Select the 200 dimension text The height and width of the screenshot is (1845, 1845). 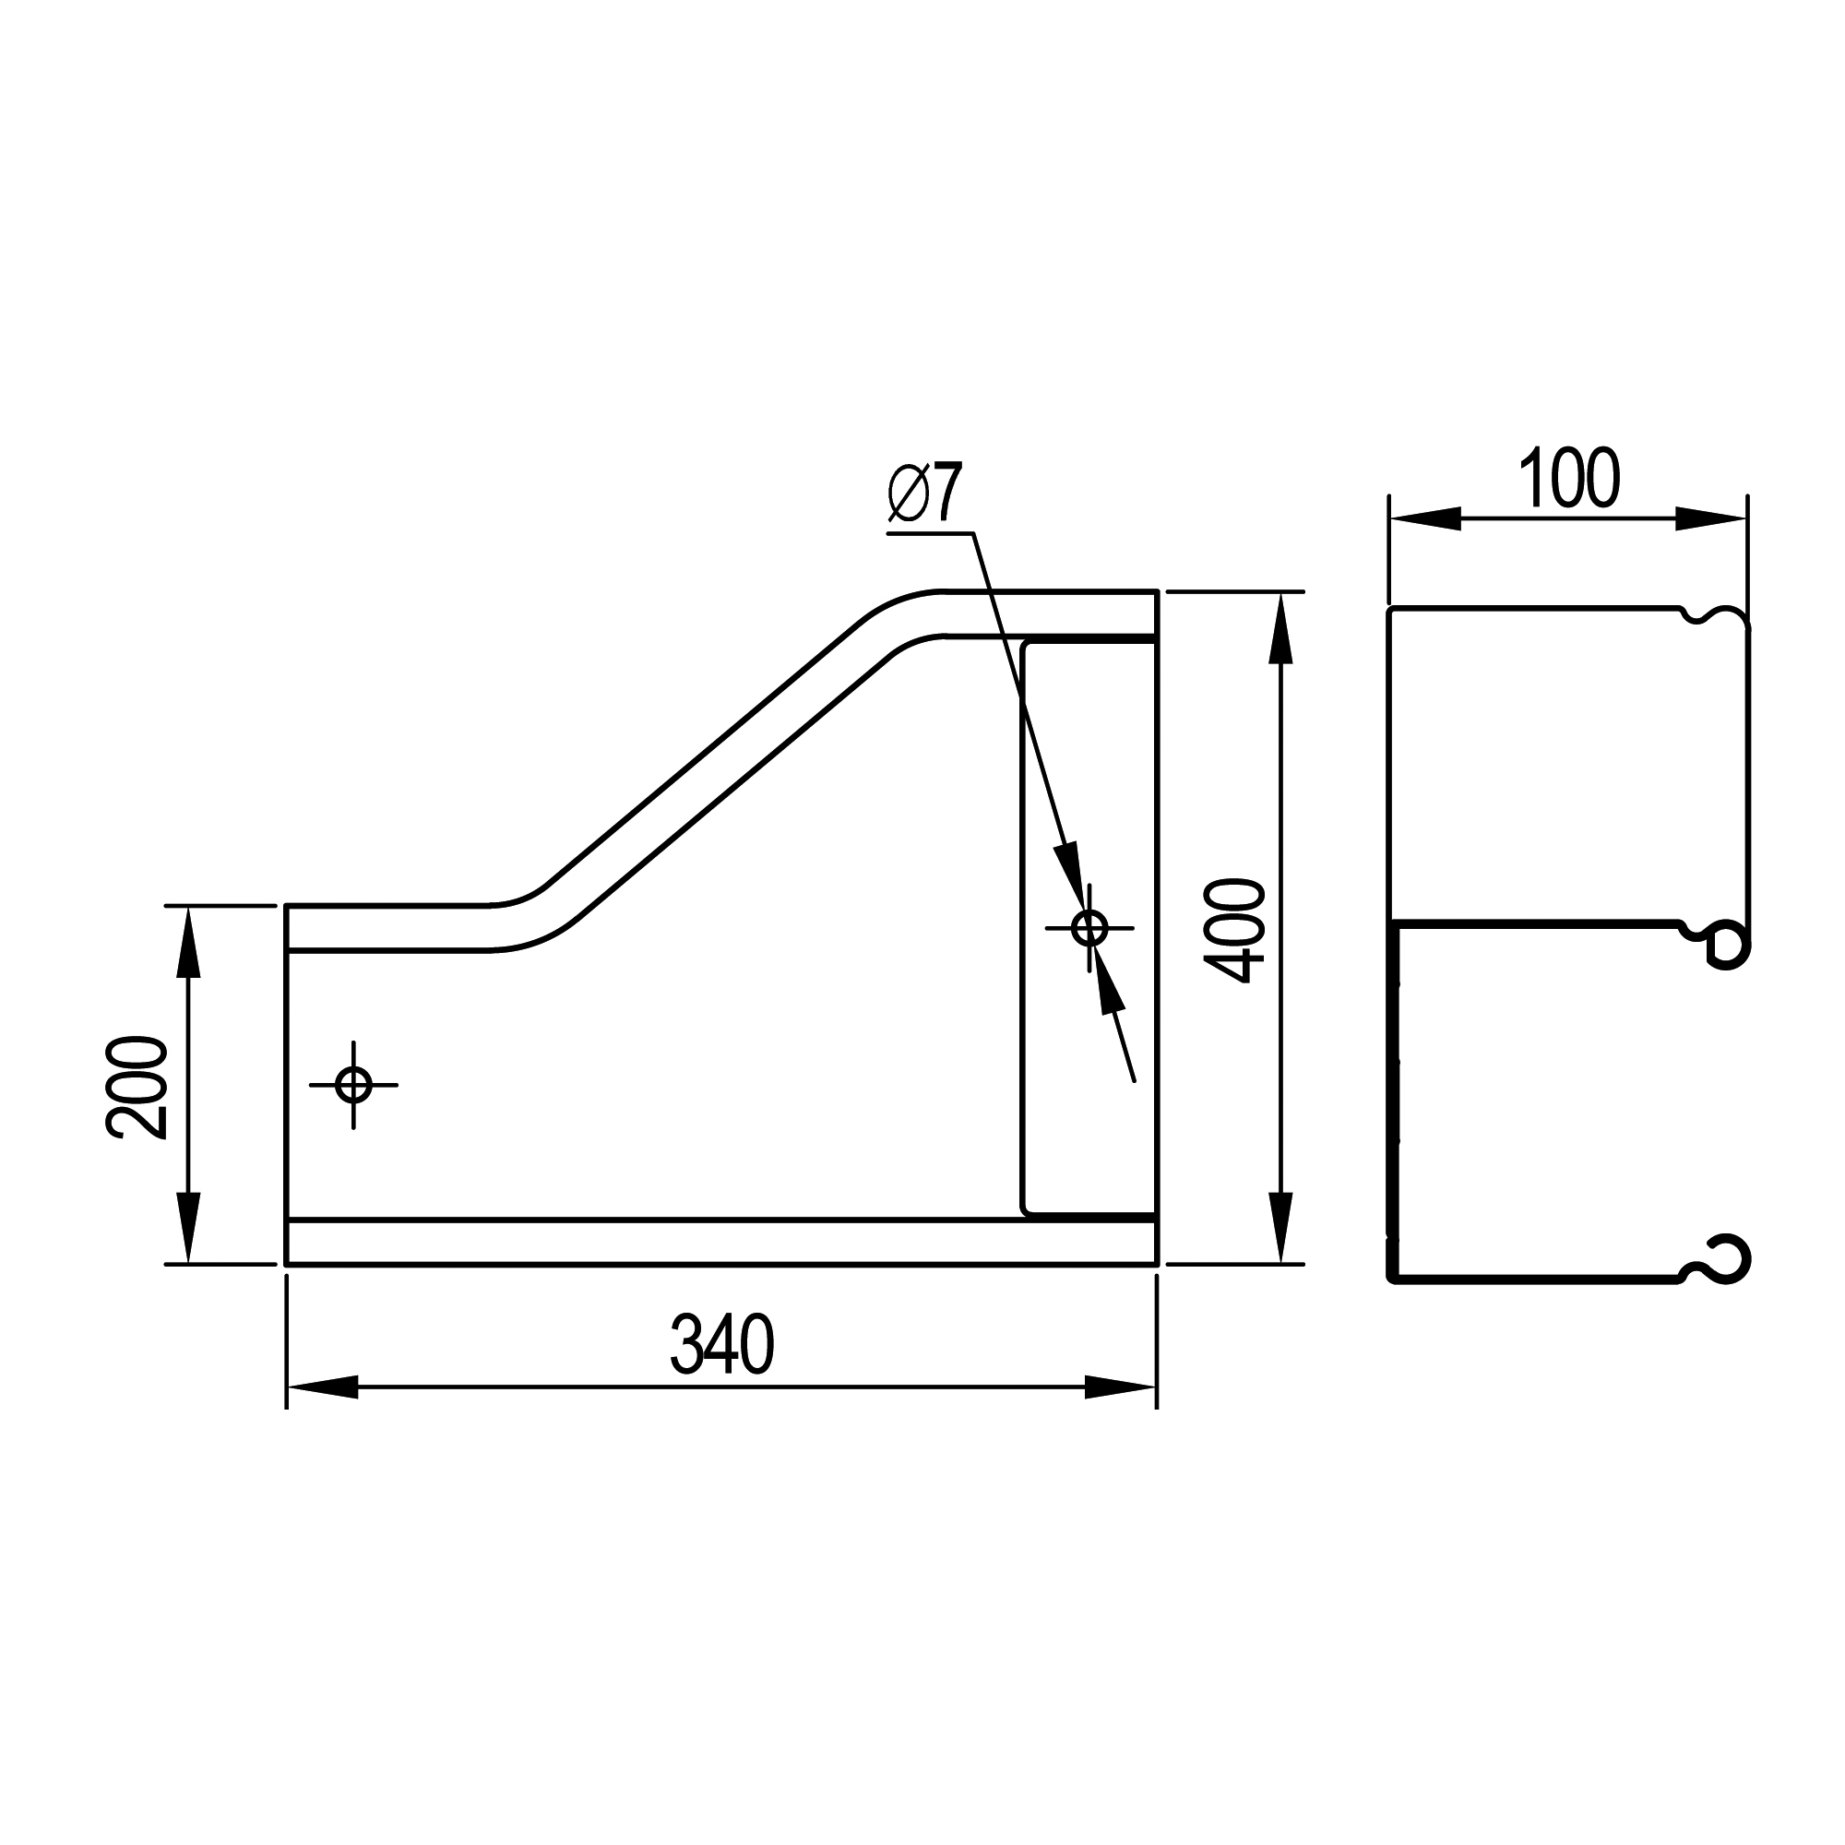[x=136, y=1087]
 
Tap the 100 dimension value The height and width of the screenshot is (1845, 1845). [x=1569, y=478]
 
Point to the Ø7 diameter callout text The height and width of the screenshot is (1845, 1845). [x=923, y=493]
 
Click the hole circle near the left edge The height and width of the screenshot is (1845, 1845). [x=353, y=1085]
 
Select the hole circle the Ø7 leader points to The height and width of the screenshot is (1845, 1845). [x=1089, y=927]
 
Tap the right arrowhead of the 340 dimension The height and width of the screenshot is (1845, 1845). [x=1120, y=1387]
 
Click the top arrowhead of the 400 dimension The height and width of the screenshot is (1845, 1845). [x=1280, y=628]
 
